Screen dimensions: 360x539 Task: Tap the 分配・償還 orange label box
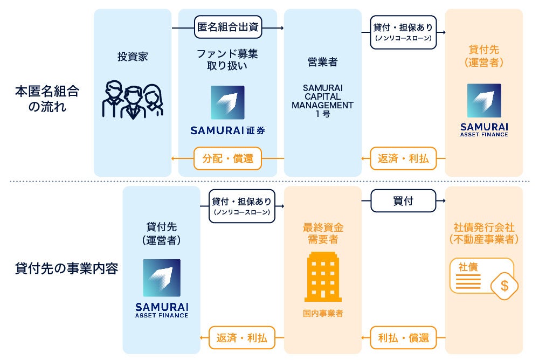tap(227, 158)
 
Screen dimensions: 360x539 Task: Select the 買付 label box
tap(403, 201)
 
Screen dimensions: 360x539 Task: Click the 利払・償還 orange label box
tap(403, 338)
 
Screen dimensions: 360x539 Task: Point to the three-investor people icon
tap(133, 100)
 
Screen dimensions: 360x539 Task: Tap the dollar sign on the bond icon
tap(504, 286)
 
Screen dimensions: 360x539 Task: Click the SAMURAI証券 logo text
tap(227, 130)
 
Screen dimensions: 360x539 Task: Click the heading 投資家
tap(133, 56)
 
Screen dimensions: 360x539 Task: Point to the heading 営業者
tap(322, 62)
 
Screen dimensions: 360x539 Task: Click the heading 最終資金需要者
tap(323, 233)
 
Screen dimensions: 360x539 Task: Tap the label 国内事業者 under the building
tap(323, 313)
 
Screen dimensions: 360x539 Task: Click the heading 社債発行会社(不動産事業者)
tap(483, 233)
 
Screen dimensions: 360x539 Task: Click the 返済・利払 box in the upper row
tap(403, 158)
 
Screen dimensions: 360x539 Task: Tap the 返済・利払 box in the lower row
tap(241, 338)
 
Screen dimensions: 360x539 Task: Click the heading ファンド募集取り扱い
tap(227, 60)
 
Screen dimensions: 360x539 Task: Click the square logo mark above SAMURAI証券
tap(227, 102)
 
